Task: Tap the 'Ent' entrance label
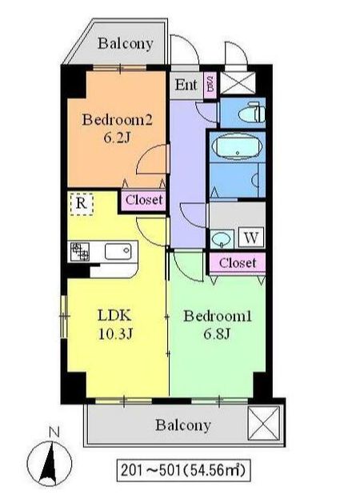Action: [186, 86]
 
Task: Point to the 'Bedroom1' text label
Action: [218, 317]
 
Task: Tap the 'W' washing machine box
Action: [250, 238]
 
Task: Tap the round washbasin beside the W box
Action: [221, 238]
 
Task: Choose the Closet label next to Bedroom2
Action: [144, 200]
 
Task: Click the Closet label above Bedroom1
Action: [238, 262]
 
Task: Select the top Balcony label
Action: [125, 44]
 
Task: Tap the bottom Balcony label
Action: [183, 425]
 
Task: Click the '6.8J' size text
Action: [217, 333]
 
